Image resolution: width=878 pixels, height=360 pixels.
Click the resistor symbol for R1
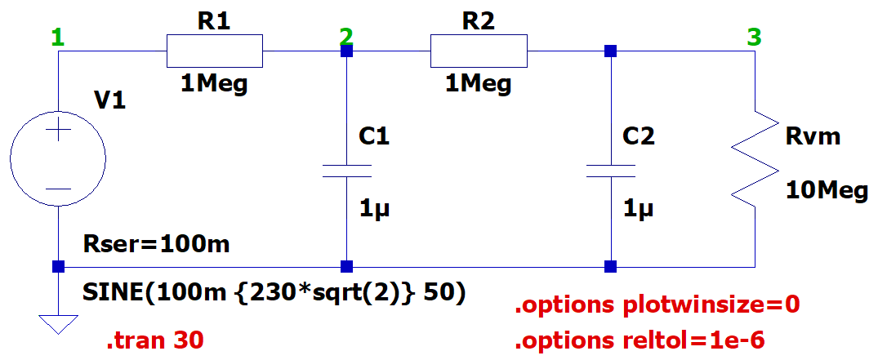(x=215, y=51)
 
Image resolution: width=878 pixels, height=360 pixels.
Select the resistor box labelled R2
(x=479, y=51)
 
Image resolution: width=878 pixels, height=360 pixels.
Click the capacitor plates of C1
(x=346, y=171)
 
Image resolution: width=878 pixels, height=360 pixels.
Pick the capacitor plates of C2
(x=611, y=171)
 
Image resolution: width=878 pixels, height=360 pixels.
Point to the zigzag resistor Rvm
(x=755, y=158)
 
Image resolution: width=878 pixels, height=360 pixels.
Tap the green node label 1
(x=58, y=38)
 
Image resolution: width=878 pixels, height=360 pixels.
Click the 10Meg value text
(x=827, y=191)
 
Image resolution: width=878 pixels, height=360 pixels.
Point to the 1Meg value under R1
(x=215, y=85)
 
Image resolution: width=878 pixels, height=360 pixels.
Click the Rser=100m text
(x=156, y=244)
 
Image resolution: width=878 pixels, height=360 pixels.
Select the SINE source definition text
(x=274, y=293)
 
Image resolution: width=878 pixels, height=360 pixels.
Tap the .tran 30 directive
(x=155, y=340)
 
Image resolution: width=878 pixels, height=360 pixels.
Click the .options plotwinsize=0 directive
(x=657, y=305)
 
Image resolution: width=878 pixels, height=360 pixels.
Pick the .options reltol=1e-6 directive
(x=640, y=340)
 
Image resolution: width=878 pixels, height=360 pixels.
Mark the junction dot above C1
(x=346, y=51)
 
